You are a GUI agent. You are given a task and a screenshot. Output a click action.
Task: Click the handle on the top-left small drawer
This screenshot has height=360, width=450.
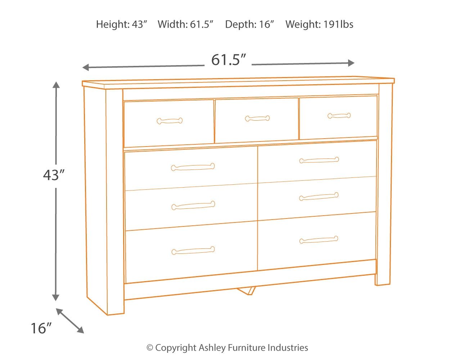pyautogui.click(x=170, y=121)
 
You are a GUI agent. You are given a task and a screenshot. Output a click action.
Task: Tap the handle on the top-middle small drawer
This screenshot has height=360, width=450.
pyautogui.click(x=257, y=118)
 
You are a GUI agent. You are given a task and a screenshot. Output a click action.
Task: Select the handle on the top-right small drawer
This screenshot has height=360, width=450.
pyautogui.click(x=339, y=116)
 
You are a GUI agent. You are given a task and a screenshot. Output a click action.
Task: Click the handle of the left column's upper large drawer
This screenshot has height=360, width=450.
pyautogui.click(x=193, y=167)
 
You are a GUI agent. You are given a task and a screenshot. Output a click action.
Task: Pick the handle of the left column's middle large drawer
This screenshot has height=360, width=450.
pyautogui.click(x=193, y=205)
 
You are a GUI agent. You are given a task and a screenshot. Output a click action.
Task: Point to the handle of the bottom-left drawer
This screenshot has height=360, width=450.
pyautogui.click(x=193, y=251)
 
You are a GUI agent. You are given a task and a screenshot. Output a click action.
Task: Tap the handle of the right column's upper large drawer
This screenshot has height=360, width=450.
pyautogui.click(x=319, y=160)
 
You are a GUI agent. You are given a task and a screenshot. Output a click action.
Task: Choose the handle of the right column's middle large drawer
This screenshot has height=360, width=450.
pyautogui.click(x=319, y=197)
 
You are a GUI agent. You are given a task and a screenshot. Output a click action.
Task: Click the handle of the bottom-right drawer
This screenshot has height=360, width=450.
pyautogui.click(x=319, y=239)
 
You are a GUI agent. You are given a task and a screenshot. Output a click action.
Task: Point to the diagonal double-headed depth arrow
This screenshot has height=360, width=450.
pyautogui.click(x=70, y=320)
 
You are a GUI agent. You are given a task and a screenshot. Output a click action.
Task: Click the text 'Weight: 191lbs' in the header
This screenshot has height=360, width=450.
pyautogui.click(x=319, y=24)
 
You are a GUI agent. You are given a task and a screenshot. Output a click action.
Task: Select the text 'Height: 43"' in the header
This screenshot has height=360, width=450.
pyautogui.click(x=122, y=24)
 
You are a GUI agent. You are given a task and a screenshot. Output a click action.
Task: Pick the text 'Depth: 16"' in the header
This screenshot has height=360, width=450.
pyautogui.click(x=250, y=24)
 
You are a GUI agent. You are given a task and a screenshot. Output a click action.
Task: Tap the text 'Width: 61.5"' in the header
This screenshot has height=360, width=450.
pyautogui.click(x=186, y=24)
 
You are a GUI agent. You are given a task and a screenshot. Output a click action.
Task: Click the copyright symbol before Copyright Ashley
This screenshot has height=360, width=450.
pyautogui.click(x=150, y=348)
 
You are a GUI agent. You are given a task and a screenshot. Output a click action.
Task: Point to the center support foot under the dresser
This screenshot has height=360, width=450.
pyautogui.click(x=247, y=290)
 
